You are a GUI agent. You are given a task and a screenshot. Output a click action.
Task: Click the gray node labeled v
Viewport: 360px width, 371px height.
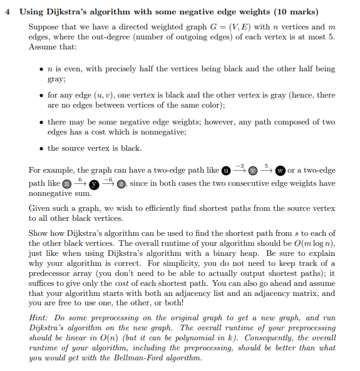click(253, 171)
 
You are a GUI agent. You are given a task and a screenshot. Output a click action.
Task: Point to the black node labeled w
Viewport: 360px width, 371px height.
click(280, 171)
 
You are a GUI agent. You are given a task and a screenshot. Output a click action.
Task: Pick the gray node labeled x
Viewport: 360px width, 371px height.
click(66, 184)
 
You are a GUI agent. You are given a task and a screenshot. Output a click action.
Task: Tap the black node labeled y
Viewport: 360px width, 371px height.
click(94, 184)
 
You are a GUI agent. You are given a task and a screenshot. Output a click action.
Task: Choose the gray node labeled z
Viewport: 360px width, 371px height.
click(122, 184)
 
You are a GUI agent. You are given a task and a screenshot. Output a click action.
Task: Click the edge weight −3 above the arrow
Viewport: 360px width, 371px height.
click(239, 166)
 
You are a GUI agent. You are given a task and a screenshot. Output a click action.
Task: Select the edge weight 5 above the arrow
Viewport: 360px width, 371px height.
click(266, 166)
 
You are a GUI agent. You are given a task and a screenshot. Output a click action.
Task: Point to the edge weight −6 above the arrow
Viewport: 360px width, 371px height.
click(108, 179)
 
